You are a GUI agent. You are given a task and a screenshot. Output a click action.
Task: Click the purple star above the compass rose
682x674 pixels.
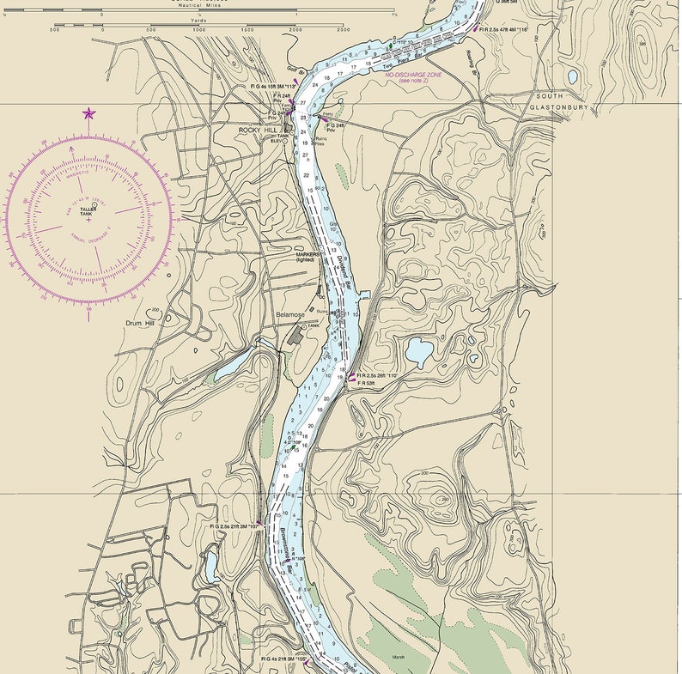click(88, 113)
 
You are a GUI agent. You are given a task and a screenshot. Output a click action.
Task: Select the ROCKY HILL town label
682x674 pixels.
click(257, 131)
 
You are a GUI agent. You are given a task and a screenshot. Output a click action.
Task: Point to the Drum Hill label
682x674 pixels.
click(138, 324)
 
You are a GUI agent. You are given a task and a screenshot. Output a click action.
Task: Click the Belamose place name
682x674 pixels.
click(290, 315)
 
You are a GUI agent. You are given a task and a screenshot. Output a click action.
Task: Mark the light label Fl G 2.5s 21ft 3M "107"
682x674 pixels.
click(234, 526)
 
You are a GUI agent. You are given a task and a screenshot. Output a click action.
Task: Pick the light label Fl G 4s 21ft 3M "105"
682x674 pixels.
click(284, 659)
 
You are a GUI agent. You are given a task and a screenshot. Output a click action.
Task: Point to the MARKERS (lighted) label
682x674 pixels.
click(308, 258)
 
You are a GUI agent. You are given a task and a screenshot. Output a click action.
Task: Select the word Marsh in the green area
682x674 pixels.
click(398, 657)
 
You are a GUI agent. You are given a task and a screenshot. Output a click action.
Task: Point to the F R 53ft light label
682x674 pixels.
click(366, 383)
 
